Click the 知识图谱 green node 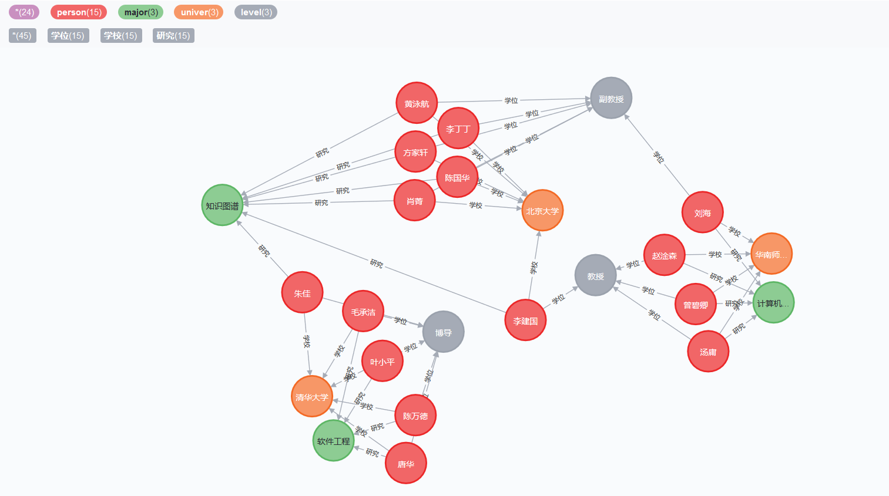tap(222, 205)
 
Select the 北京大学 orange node tap(542, 211)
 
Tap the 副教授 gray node tap(611, 99)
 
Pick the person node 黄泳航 tap(417, 103)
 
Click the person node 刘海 tap(702, 212)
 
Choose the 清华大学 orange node tap(312, 397)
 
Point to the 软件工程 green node tap(333, 441)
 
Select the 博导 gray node tap(444, 332)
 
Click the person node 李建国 tap(525, 320)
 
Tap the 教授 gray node tap(595, 276)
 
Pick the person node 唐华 tap(405, 464)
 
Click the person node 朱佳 tap(302, 293)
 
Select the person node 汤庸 tap(708, 352)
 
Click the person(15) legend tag tap(79, 12)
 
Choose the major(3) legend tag tap(141, 12)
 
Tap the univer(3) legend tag tap(199, 12)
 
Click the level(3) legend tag tap(256, 12)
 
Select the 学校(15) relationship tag tap(120, 36)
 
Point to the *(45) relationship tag tap(22, 36)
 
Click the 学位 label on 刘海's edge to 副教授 tap(659, 157)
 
